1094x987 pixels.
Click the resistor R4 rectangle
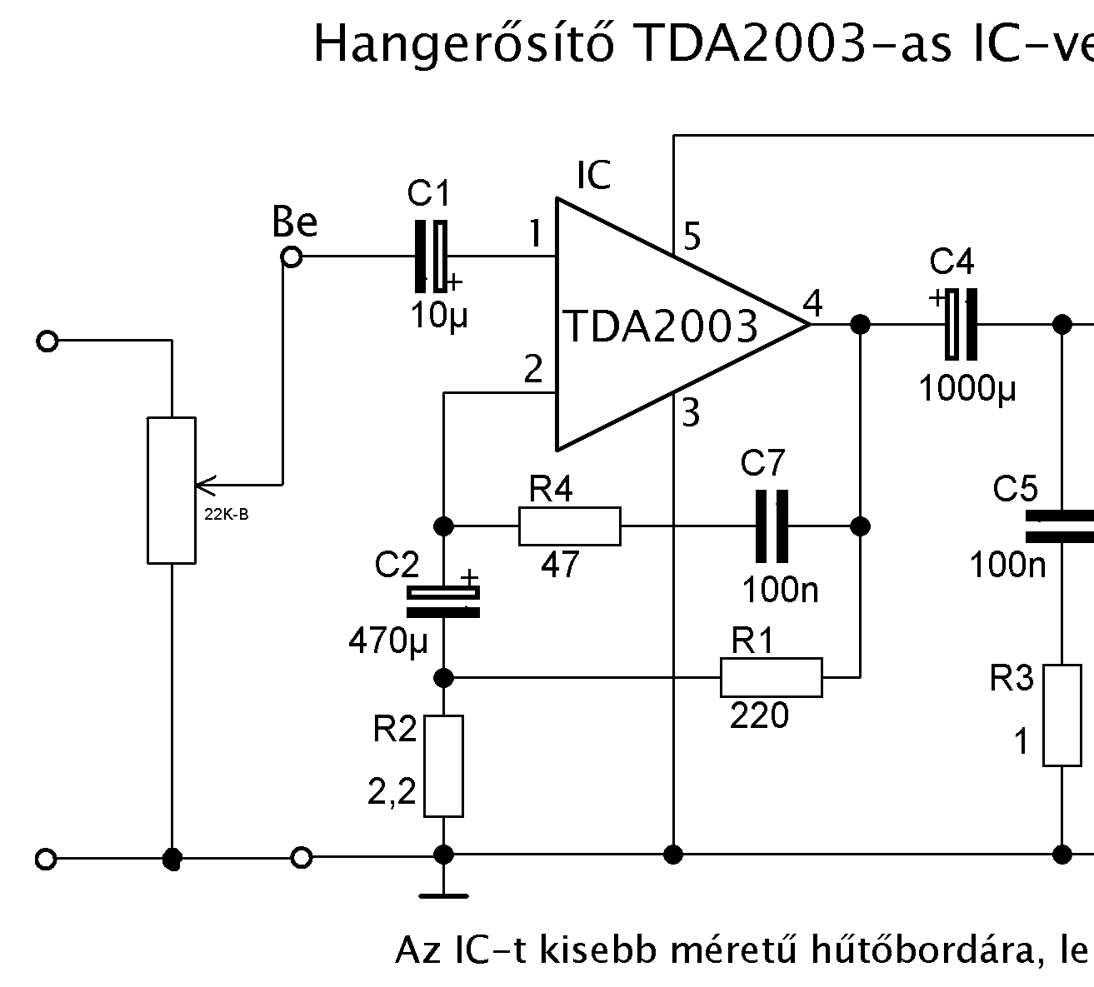click(570, 526)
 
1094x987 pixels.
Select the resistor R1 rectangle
click(771, 677)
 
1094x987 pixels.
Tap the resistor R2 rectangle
click(443, 765)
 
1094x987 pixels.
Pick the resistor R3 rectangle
click(1062, 715)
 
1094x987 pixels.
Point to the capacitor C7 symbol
click(772, 526)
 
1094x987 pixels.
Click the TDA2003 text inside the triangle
click(662, 327)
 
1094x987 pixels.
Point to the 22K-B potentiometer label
click(226, 514)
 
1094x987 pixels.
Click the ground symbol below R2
click(443, 896)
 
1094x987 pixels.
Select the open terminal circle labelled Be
click(291, 257)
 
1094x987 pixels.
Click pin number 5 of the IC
click(692, 237)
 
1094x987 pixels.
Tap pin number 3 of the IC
click(691, 413)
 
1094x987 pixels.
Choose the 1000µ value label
click(967, 388)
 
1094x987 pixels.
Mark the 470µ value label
click(388, 641)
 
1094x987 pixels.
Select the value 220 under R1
click(759, 715)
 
